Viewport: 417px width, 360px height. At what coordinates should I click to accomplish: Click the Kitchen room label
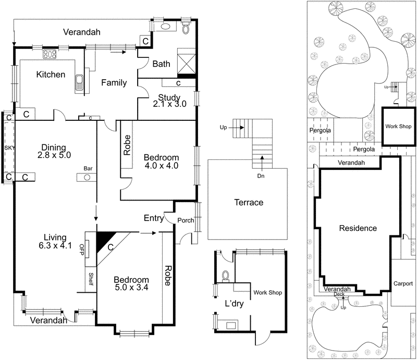[51, 75]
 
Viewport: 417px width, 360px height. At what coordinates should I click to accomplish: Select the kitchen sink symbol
[80, 83]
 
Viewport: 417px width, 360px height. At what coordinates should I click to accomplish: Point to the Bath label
[161, 64]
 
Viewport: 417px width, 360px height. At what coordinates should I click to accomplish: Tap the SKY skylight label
[9, 148]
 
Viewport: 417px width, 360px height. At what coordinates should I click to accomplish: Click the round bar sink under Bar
[87, 178]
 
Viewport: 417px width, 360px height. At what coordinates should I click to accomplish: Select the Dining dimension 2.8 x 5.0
[54, 155]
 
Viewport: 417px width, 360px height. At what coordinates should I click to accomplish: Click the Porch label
[186, 220]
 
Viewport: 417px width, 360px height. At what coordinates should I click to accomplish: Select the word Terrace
[249, 203]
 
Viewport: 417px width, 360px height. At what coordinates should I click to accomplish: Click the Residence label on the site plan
[358, 228]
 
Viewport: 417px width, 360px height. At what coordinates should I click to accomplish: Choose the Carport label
[403, 284]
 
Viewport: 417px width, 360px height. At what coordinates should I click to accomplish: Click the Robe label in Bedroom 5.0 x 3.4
[168, 276]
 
